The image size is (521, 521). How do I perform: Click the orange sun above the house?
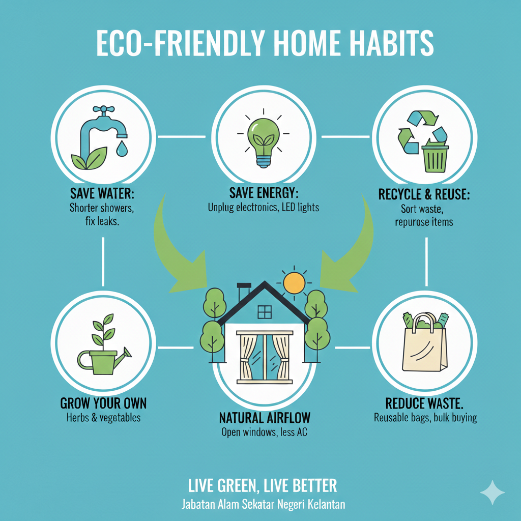pyautogui.click(x=294, y=283)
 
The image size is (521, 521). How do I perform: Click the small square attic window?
pyautogui.click(x=265, y=312)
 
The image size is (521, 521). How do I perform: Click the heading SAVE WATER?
pyautogui.click(x=102, y=193)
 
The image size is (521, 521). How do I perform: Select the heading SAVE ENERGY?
pyautogui.click(x=264, y=193)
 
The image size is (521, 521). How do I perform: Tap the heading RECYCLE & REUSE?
pyautogui.click(x=424, y=194)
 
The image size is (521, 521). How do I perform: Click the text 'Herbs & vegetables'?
pyautogui.click(x=103, y=418)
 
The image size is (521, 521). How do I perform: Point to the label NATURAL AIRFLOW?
pyautogui.click(x=265, y=418)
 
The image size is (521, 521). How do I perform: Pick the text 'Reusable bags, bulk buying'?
pyautogui.click(x=425, y=418)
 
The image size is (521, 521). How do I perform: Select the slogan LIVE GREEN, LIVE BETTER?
pyautogui.click(x=263, y=486)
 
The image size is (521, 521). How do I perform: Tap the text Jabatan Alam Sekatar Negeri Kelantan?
pyautogui.click(x=263, y=504)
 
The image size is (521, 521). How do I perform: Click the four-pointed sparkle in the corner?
pyautogui.click(x=493, y=493)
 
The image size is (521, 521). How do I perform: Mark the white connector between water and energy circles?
pyautogui.click(x=182, y=136)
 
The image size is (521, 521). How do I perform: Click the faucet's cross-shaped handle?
pyautogui.click(x=104, y=109)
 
